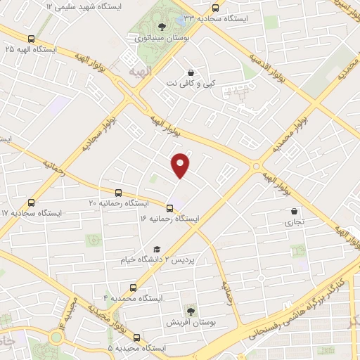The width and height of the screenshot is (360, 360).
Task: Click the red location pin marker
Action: (181, 165)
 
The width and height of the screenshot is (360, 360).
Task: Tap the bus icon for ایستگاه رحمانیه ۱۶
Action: (169, 208)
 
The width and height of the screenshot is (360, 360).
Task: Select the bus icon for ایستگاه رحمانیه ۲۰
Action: (117, 192)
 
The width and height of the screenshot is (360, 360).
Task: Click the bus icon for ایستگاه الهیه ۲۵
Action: (31, 39)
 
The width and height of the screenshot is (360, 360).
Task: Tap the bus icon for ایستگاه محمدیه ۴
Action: (133, 288)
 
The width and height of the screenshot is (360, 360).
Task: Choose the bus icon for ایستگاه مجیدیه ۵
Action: (136, 337)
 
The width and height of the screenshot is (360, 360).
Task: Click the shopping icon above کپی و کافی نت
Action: (191, 72)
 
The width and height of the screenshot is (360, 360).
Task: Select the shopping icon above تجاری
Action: (294, 211)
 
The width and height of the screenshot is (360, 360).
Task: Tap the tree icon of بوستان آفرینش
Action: (191, 311)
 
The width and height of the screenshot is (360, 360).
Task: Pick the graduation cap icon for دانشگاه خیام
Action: (157, 249)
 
